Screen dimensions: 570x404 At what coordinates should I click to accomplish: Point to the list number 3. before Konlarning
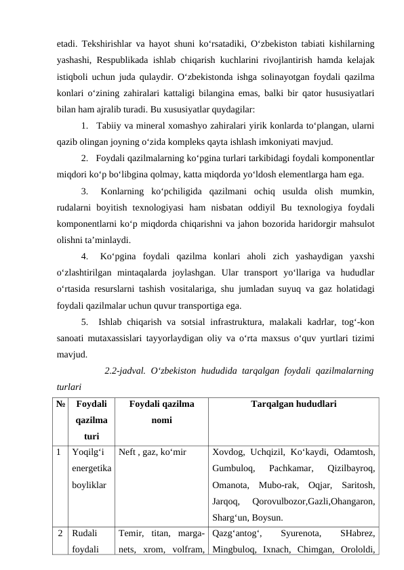click(85, 192)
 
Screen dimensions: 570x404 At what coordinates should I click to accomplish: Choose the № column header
click(62, 404)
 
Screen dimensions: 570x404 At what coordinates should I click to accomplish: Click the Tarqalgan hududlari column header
click(293, 404)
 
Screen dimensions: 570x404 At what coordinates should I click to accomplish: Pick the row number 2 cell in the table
click(61, 533)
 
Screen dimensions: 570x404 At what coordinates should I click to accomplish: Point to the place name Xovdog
click(228, 451)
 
